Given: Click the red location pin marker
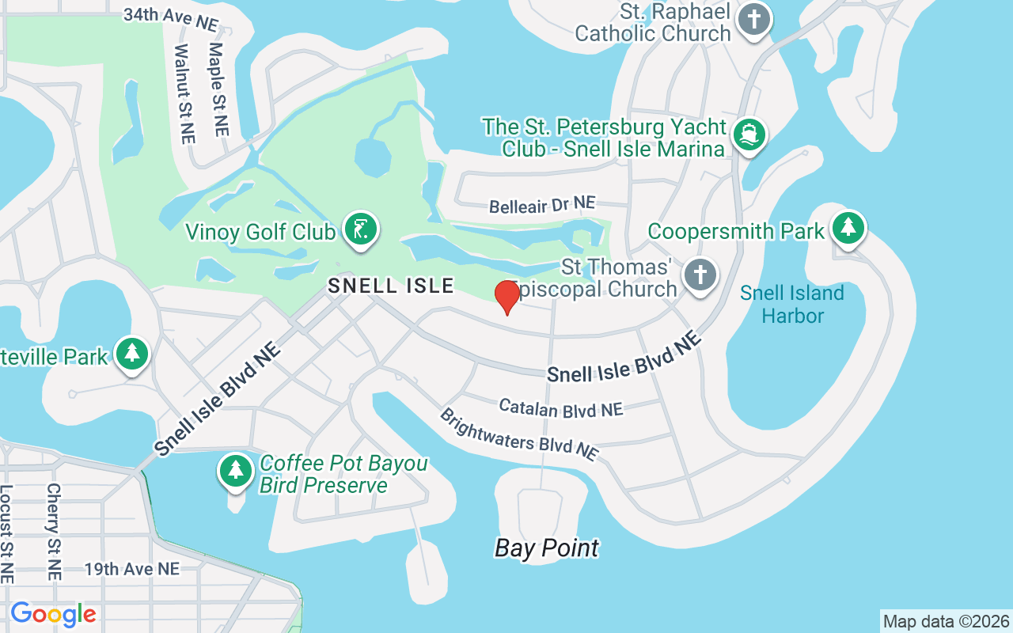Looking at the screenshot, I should pos(506,296).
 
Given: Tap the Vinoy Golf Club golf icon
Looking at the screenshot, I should pos(362,229).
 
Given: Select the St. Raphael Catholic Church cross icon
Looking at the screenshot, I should pos(753,20).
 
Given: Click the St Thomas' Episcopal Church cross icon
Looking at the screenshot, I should pos(700,276).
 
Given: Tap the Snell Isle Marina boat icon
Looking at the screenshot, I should pos(749,135).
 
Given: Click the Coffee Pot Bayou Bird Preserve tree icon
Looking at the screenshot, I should pos(235,470).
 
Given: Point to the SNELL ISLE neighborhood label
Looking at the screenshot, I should pos(391,286).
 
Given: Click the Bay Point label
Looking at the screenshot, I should pos(547,548).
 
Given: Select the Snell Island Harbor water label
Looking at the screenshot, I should pos(792,305).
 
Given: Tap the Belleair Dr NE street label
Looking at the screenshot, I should pos(542,206).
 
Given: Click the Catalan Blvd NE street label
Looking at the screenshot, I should pos(561,408).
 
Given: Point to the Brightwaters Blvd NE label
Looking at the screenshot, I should pos(518,434).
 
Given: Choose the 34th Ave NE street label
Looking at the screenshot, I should pos(170,19).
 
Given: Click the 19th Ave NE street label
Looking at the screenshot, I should pos(132,569).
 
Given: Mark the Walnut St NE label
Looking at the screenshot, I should pos(184,93).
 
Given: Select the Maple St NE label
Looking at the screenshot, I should pos(218,89).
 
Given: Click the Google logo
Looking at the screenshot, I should pos(53,614).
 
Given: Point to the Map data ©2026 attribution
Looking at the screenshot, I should pos(947,622).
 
